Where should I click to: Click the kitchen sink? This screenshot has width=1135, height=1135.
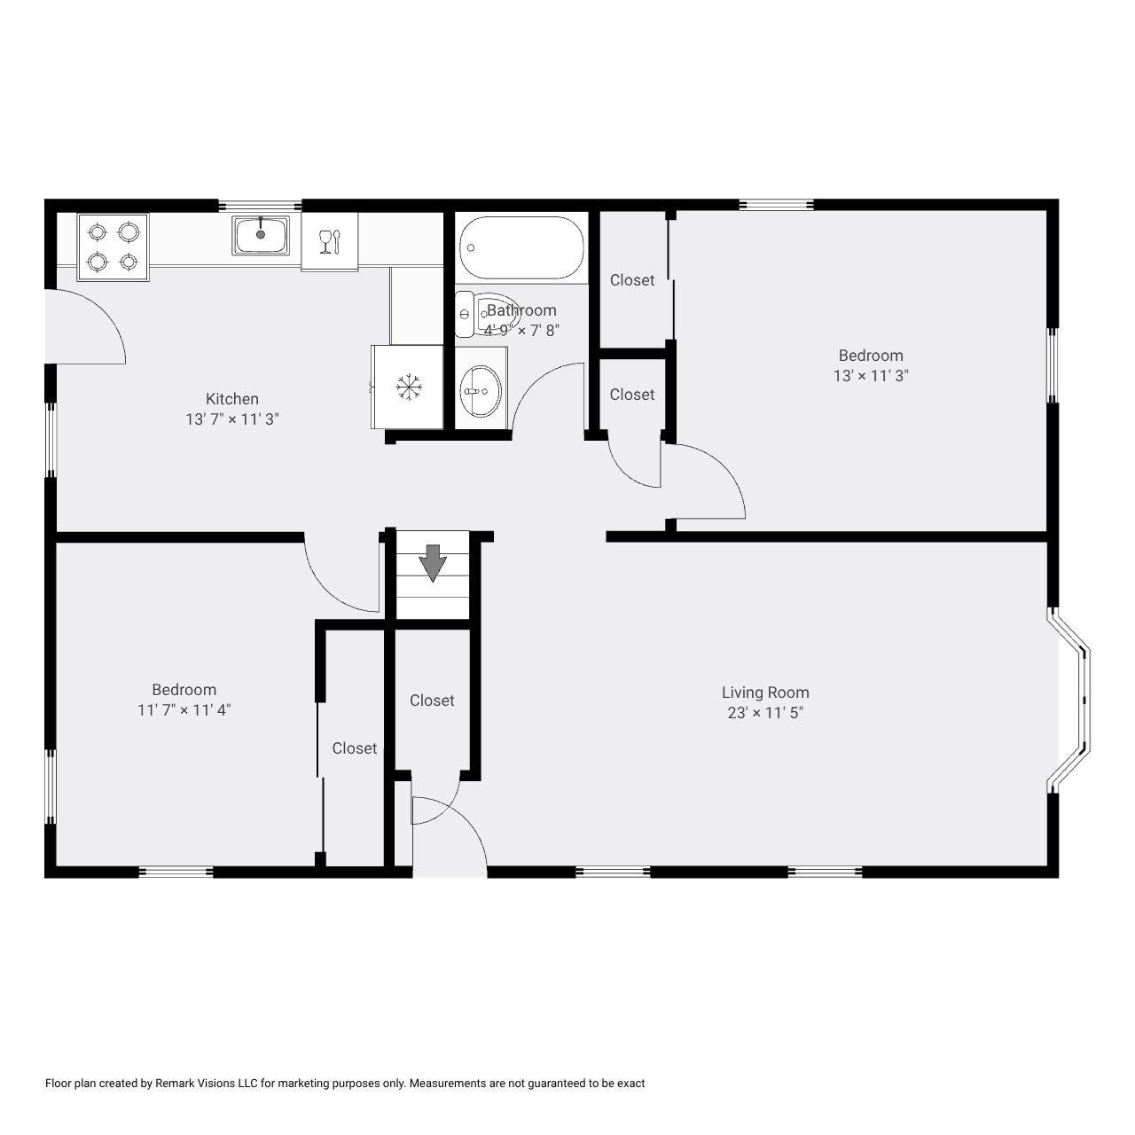(261, 235)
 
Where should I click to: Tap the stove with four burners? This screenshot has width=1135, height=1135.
(113, 247)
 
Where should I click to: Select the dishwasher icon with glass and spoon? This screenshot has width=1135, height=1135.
(329, 241)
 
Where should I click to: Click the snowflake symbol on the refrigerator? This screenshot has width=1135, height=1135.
(408, 387)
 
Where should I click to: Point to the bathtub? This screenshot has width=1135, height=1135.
(521, 247)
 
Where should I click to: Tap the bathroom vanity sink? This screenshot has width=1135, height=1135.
(481, 389)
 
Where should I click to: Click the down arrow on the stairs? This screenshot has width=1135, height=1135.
(433, 563)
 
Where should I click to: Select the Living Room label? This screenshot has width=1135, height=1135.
(765, 692)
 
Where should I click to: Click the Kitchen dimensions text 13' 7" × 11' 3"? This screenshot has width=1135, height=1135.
(232, 419)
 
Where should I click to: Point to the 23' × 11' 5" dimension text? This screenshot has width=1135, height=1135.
(765, 713)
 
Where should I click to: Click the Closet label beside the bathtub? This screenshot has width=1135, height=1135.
(632, 280)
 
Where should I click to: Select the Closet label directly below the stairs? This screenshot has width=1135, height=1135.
(432, 701)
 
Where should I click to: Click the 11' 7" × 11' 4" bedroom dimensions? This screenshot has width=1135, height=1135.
(184, 709)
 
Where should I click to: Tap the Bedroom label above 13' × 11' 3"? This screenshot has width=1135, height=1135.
(871, 356)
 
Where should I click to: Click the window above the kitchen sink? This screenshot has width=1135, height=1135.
(260, 205)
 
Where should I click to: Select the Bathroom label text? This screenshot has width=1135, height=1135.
(521, 309)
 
